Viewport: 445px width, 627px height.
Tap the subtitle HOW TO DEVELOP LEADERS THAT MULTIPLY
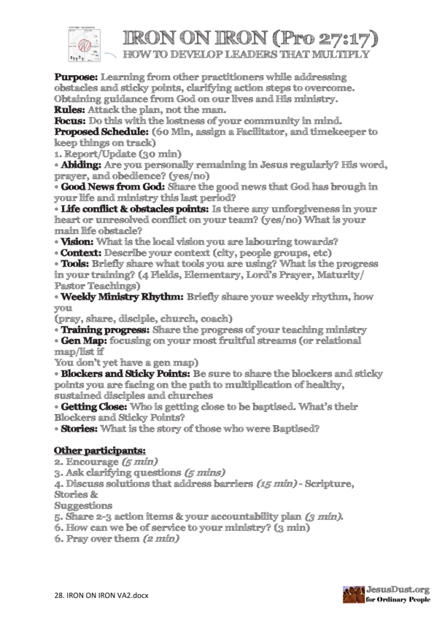coord(249,54)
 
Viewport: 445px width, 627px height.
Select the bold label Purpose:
coord(77,77)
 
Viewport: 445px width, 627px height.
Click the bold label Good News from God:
coord(109,187)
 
